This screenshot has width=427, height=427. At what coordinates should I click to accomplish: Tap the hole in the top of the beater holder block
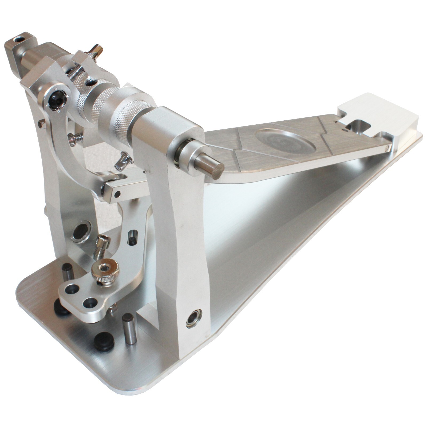(19, 40)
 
